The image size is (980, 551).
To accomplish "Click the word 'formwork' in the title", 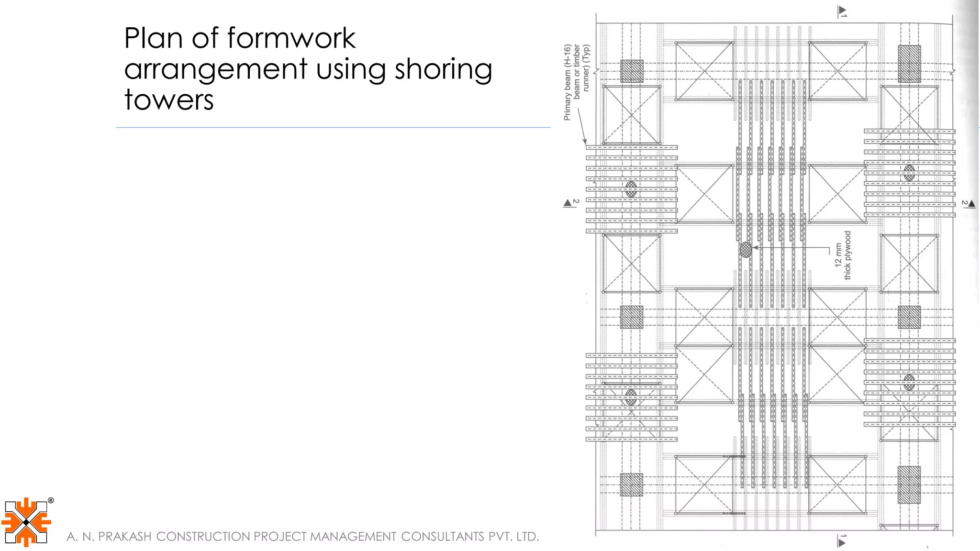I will coord(291,38).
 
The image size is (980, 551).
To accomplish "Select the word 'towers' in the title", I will coord(169,100).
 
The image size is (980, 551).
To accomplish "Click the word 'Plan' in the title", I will coord(154,38).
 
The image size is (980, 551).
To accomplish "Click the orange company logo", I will coord(26,522).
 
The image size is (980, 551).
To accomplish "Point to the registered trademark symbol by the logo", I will coord(51,501).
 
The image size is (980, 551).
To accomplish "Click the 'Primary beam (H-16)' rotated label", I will coord(568,82).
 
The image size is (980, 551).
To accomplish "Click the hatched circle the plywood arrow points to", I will coord(746,249).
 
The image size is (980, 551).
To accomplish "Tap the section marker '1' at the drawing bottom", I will coord(842,541).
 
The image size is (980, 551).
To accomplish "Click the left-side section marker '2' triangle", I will coord(568,203).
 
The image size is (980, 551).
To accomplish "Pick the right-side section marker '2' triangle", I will coord(971,203).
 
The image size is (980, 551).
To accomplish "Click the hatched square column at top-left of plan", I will coord(632,71).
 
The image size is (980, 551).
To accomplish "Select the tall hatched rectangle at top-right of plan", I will coord(909,64).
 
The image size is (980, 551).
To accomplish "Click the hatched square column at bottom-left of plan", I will coord(632,485).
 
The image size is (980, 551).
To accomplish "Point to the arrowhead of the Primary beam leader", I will coord(584,142).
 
